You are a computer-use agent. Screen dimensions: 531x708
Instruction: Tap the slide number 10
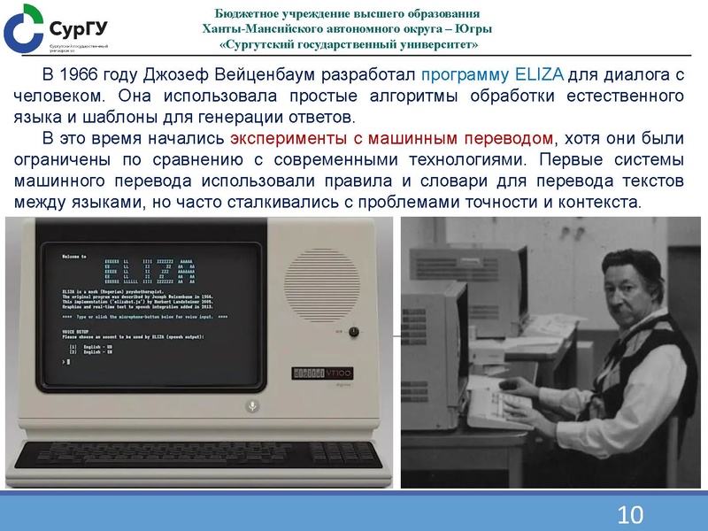tap(630, 514)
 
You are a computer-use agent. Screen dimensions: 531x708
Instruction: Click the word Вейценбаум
tap(269, 74)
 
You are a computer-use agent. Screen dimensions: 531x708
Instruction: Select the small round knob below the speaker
tap(354, 331)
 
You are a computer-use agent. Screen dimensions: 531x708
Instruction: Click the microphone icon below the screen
tap(251, 405)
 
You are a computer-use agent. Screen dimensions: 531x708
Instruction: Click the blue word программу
tap(466, 74)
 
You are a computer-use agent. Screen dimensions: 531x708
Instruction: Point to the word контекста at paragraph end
tap(599, 203)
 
